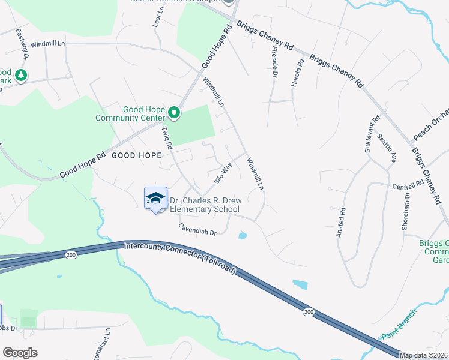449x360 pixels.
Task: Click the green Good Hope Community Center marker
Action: tap(174, 112)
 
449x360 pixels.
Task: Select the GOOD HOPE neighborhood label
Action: tap(137, 155)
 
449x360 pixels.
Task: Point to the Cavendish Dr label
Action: tap(197, 229)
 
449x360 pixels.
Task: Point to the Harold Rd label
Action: tap(295, 73)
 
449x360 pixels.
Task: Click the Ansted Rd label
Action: tap(341, 221)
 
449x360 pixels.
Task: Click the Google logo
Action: tap(20, 352)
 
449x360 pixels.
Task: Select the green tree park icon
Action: tap(22, 75)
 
